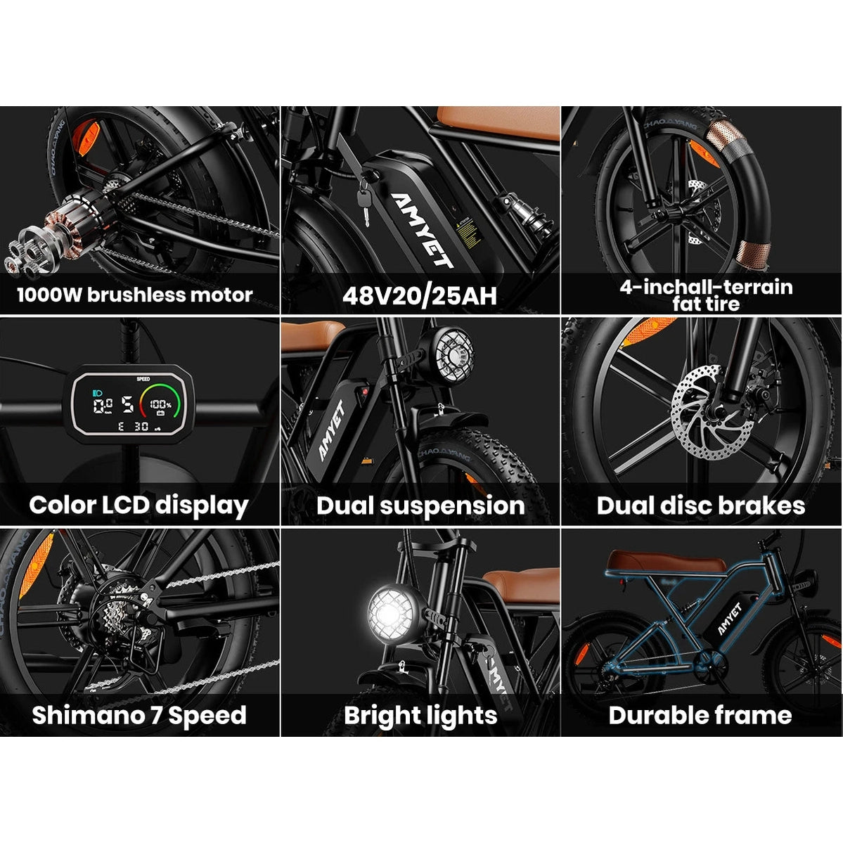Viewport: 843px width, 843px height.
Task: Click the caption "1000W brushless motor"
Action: tap(135, 295)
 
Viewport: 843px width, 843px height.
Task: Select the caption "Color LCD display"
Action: tap(139, 506)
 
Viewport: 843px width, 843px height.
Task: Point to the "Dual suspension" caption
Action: tap(420, 506)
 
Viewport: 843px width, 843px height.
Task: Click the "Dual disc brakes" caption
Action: tap(700, 506)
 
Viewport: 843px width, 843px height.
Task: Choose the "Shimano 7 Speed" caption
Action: tap(139, 715)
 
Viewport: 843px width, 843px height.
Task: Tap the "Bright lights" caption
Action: tap(420, 715)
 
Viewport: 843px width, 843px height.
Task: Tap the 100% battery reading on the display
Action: tap(160, 405)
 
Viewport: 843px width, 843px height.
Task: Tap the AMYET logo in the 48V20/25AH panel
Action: tap(422, 229)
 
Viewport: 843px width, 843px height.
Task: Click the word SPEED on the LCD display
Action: tap(143, 379)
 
